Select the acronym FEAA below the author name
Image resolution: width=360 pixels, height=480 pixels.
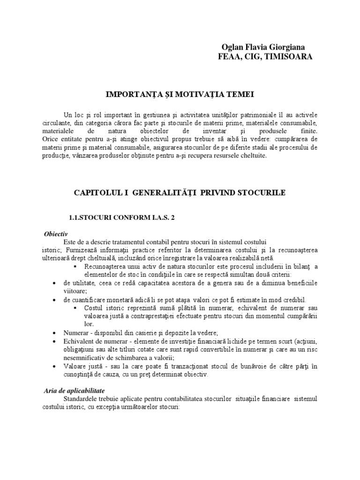coord(229,57)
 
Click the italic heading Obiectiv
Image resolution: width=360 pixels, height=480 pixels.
coord(56,233)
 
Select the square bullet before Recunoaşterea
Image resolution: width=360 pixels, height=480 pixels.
coord(75,267)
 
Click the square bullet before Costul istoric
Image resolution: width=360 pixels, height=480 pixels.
coord(75,307)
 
